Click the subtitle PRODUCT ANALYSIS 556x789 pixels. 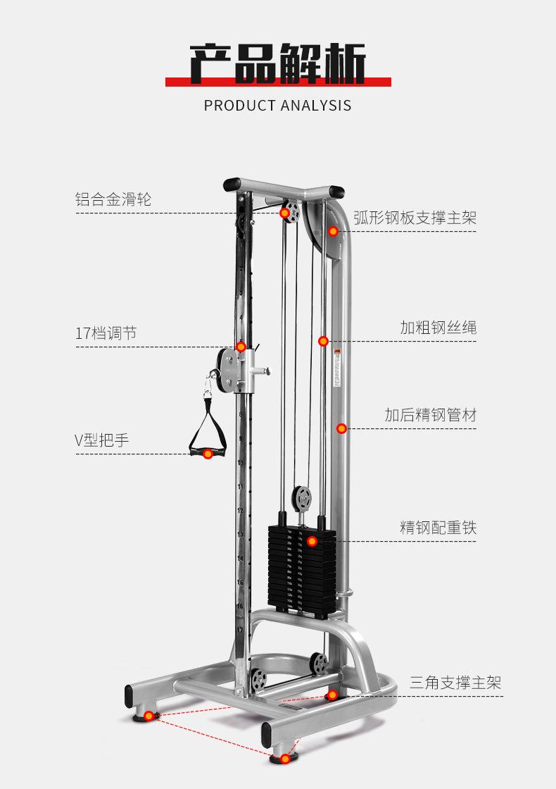tap(277, 106)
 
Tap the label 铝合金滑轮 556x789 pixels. tap(113, 199)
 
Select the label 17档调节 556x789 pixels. tap(106, 333)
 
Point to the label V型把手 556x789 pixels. tap(102, 441)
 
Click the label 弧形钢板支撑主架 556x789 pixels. tap(415, 217)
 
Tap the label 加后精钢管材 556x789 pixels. tap(430, 415)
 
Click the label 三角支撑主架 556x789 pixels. tap(455, 683)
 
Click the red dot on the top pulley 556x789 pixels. tap(285, 213)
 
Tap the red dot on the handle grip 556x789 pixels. tap(208, 454)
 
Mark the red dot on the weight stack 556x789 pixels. tap(312, 541)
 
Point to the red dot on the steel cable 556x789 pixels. tap(323, 341)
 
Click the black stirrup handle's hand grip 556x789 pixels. tap(208, 452)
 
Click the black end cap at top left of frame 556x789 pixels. tap(233, 185)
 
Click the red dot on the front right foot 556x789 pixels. tap(284, 759)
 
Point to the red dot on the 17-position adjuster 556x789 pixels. tap(241, 347)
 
